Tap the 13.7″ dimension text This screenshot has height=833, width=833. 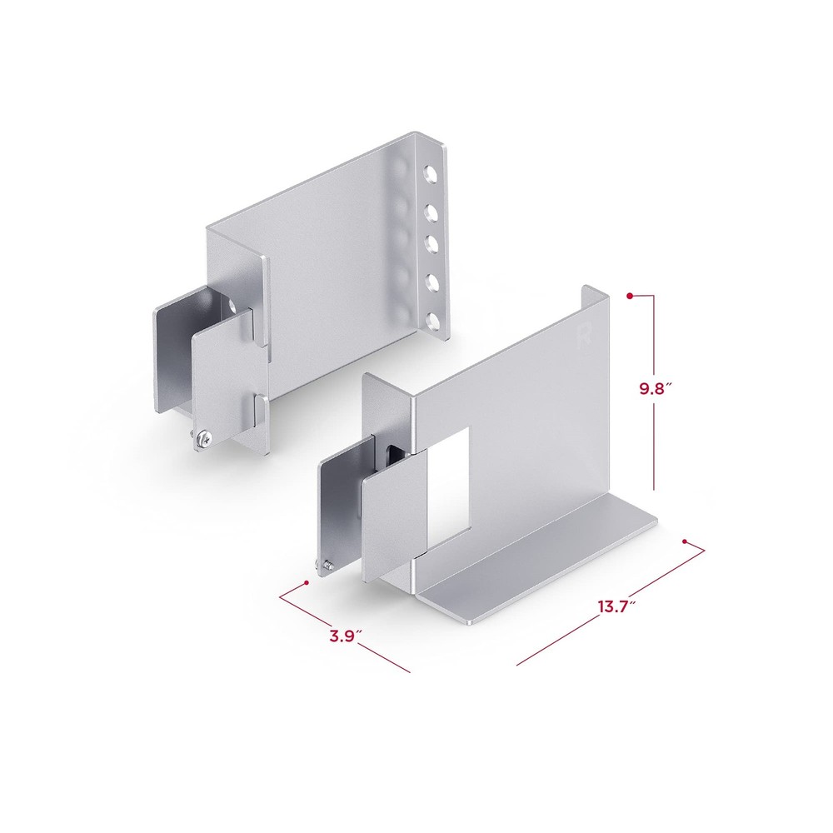click(617, 606)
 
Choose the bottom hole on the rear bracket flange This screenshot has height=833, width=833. click(431, 321)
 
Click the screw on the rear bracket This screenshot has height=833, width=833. click(202, 438)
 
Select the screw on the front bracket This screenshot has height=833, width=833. click(325, 566)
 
